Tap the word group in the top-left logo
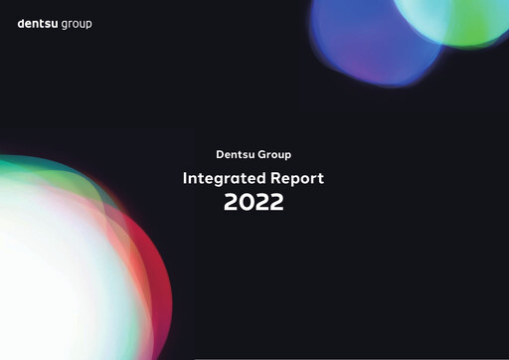click(76, 24)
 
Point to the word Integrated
click(219, 179)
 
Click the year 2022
click(254, 202)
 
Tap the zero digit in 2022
click(247, 202)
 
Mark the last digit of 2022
click(277, 202)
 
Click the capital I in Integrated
click(185, 179)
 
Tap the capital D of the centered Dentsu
click(220, 154)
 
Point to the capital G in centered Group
click(262, 154)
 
